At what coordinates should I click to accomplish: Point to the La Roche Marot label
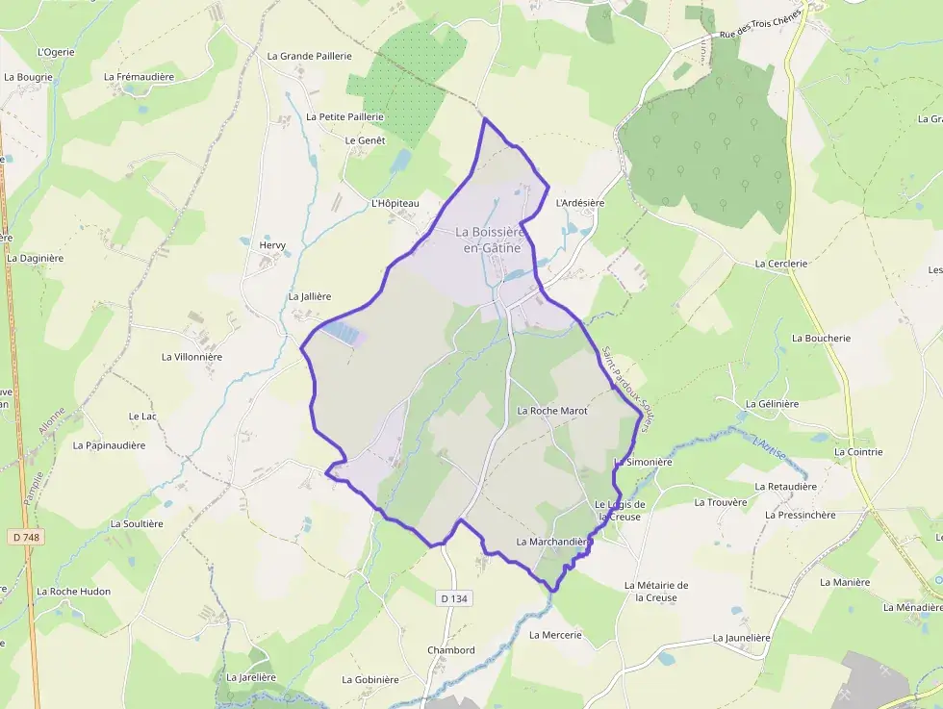coord(551,411)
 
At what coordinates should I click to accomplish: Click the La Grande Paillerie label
coord(309,56)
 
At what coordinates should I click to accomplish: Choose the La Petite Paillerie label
coord(344,116)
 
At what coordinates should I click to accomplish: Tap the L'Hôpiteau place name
coord(395,204)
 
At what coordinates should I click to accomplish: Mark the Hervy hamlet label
coord(273,245)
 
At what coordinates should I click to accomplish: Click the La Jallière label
coord(310,297)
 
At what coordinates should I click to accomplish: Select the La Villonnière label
coord(191,357)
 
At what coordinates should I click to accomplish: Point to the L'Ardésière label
coord(580,203)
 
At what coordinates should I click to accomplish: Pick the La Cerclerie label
coord(780,263)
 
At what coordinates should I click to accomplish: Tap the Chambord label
coord(451,650)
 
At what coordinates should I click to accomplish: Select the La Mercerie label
coord(555,635)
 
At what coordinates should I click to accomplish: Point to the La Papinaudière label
coord(109,445)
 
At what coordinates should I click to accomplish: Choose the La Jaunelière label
coord(744,638)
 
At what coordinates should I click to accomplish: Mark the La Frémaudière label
coord(138,76)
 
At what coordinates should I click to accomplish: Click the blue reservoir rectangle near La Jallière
coord(344,333)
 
